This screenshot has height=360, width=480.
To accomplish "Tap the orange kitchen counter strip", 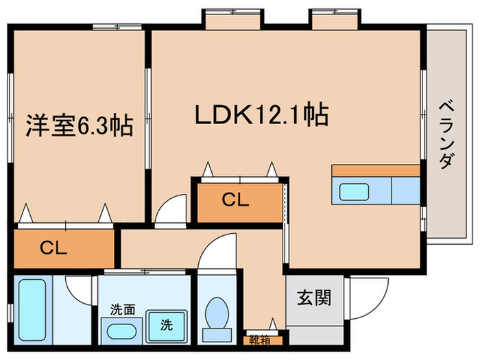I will click(x=376, y=170).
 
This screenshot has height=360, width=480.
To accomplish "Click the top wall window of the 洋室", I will click(x=117, y=26).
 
